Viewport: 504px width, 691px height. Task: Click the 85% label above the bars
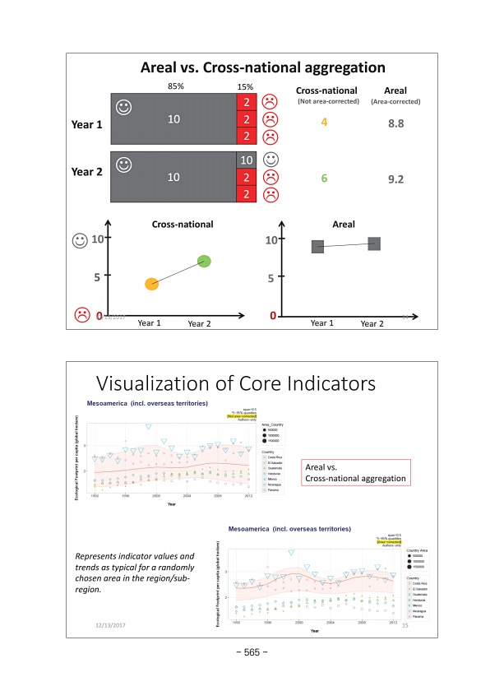[x=175, y=86]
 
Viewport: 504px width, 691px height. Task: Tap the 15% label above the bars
[x=245, y=86]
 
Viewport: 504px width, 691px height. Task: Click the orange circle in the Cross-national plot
[x=151, y=284]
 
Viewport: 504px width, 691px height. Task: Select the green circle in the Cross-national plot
[x=204, y=262]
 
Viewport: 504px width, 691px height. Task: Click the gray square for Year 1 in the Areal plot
[x=317, y=246]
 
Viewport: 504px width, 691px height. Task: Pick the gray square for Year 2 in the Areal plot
[x=374, y=243]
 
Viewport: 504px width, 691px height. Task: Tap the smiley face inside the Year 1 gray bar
[x=123, y=106]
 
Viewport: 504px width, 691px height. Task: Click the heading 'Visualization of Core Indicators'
[x=237, y=384]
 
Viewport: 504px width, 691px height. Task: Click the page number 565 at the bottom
[x=252, y=653]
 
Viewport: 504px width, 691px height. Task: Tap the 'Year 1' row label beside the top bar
[x=86, y=126]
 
